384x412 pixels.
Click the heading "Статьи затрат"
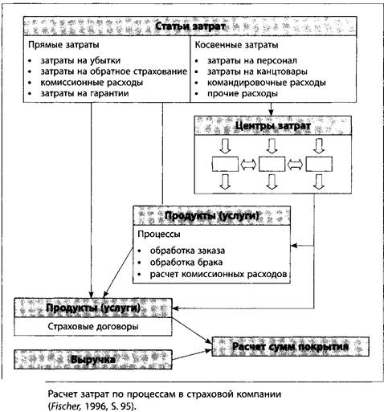click(x=190, y=27)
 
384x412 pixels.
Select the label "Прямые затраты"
click(x=63, y=45)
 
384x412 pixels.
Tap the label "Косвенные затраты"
click(x=236, y=45)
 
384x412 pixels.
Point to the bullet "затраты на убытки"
click(x=80, y=61)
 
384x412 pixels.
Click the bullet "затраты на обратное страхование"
click(x=114, y=71)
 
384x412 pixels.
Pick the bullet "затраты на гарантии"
click(x=84, y=93)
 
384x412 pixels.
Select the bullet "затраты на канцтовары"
click(x=257, y=71)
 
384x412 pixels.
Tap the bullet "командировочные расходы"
click(x=267, y=83)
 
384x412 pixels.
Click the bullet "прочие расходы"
click(x=243, y=93)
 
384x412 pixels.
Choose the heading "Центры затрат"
click(x=273, y=125)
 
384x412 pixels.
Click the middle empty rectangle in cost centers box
click(x=272, y=164)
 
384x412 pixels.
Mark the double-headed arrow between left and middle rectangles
click(x=248, y=164)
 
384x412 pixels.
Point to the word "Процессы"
click(x=159, y=234)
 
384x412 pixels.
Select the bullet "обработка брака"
click(x=186, y=262)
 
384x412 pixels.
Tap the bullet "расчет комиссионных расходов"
click(x=219, y=274)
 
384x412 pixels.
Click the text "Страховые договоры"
click(x=93, y=326)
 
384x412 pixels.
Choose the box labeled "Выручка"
click(x=93, y=360)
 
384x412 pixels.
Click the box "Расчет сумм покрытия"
click(x=291, y=346)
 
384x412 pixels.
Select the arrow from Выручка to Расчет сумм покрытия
click(x=192, y=355)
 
